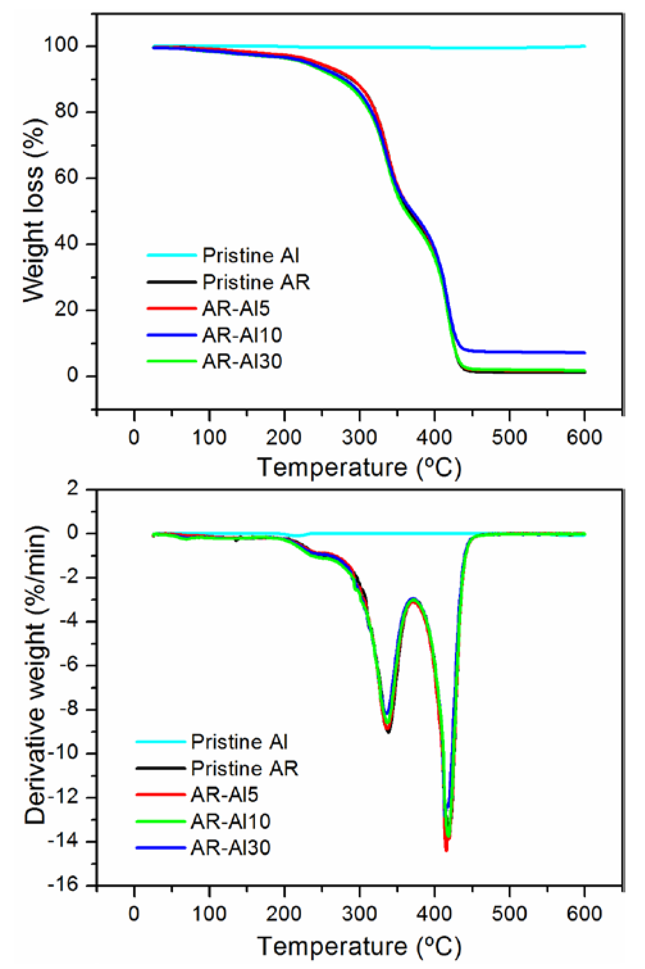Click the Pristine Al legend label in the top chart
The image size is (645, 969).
(x=250, y=255)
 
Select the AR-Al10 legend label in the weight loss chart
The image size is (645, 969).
(x=242, y=335)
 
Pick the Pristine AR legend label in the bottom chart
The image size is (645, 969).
(x=244, y=768)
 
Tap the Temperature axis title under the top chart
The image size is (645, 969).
(x=359, y=468)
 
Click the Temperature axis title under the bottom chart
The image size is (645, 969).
(x=359, y=943)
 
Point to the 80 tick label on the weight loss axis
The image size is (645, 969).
(x=71, y=112)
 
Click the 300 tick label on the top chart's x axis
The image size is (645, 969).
(x=359, y=437)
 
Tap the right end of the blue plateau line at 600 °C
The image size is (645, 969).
(x=584, y=353)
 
